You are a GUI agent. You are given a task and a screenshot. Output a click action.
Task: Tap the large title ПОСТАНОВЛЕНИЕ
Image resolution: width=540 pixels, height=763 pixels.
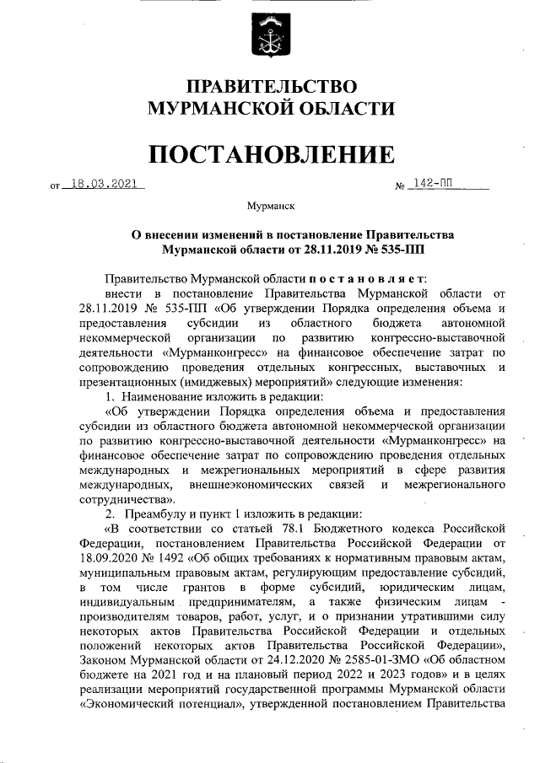tap(271, 154)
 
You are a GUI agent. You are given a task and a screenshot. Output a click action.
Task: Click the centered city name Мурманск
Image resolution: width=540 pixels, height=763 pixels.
tap(270, 205)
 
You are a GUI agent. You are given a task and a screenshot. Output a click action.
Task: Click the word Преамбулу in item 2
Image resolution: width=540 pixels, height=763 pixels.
tap(154, 513)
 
